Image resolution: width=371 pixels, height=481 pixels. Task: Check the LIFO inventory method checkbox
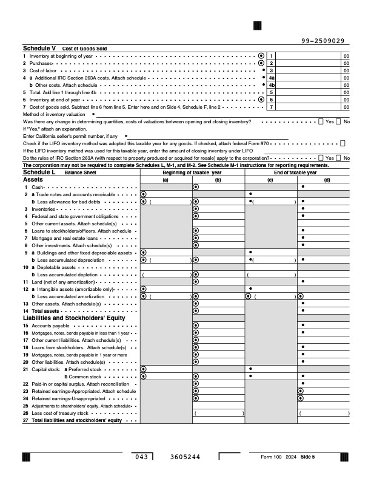point(343,143)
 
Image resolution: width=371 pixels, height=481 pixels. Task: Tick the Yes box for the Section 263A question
point(321,158)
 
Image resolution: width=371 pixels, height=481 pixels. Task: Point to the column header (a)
point(165,180)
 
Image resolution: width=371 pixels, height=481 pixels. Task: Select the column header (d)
point(327,180)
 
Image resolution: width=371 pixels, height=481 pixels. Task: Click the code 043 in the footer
point(141,457)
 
